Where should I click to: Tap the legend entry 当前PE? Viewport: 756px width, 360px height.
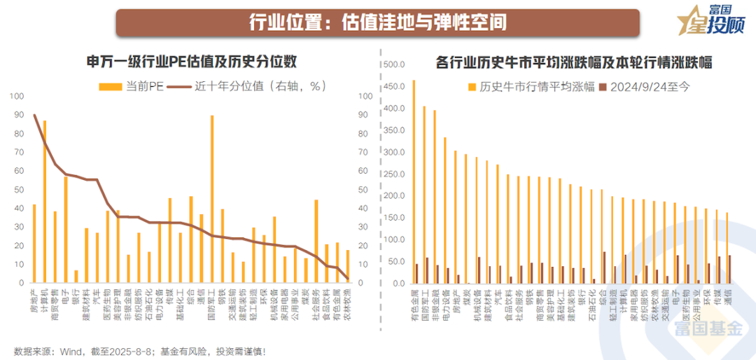tap(129, 85)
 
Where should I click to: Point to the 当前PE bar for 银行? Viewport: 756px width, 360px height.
tap(76, 276)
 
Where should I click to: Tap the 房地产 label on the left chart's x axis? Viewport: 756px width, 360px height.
tap(34, 294)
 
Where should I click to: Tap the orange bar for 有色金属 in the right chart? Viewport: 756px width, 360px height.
tap(413, 182)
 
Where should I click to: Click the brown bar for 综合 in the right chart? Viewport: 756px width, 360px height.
tap(604, 268)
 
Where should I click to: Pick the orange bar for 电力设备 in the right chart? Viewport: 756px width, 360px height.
tap(444, 211)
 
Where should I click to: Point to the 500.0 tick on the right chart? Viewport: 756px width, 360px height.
tap(391, 65)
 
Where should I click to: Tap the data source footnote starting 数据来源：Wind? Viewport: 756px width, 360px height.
tap(140, 350)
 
